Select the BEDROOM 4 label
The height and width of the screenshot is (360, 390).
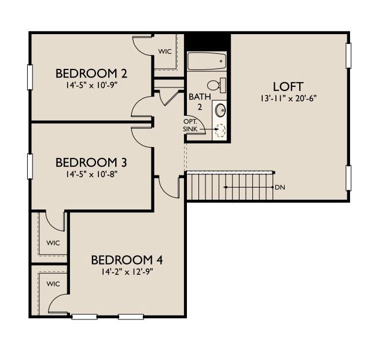pyautogui.click(x=123, y=259)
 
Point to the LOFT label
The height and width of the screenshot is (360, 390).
pyautogui.click(x=288, y=87)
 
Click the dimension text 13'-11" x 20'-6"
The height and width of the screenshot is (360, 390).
pyautogui.click(x=288, y=98)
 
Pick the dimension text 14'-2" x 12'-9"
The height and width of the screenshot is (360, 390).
pyautogui.click(x=123, y=269)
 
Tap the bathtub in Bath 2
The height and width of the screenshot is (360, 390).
pyautogui.click(x=206, y=61)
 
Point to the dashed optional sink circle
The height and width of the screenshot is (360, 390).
pyautogui.click(x=220, y=130)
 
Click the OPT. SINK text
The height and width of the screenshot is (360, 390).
pyautogui.click(x=190, y=125)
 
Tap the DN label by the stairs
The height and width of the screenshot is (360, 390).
pyautogui.click(x=280, y=188)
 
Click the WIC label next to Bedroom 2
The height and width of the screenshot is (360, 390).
pyautogui.click(x=165, y=51)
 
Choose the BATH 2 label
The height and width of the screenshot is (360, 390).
pyautogui.click(x=196, y=102)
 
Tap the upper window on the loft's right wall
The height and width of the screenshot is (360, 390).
pyautogui.click(x=349, y=54)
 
